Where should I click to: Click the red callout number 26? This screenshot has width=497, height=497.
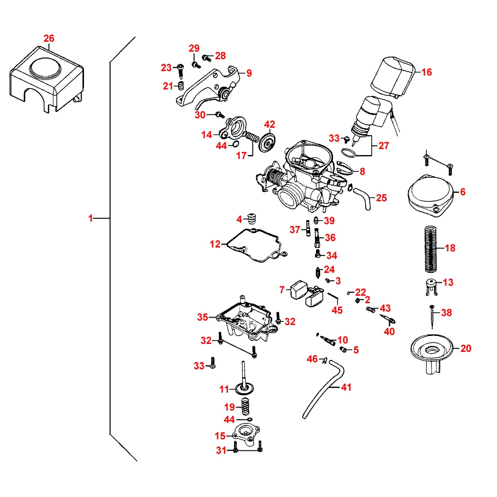pos(49,38)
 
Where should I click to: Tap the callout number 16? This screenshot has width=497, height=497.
pos(426,72)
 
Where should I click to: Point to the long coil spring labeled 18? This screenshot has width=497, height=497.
pos(432,248)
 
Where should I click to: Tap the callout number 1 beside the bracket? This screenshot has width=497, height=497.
pos(90,218)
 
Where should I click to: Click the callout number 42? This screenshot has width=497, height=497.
pos(269,124)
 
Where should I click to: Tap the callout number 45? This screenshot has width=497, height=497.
pos(337,310)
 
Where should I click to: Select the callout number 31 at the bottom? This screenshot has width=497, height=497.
pos(221,450)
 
